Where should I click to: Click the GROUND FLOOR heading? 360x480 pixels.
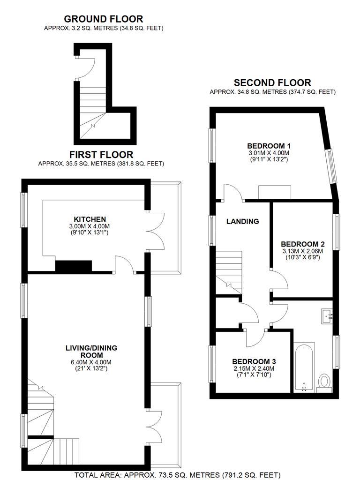104,19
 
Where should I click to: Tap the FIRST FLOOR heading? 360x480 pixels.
101,154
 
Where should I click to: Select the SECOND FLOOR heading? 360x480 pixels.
272,82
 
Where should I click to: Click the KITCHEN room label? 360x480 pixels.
90,219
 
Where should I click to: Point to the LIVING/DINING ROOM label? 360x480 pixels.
91,352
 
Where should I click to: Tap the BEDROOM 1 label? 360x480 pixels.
269,146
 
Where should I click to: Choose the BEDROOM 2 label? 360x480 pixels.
303,244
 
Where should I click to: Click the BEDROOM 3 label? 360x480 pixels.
254,361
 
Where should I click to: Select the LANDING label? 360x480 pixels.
242,221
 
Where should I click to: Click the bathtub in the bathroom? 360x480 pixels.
304,367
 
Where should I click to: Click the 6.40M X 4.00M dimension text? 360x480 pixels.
91,362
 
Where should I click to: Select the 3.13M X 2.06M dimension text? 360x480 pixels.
302,251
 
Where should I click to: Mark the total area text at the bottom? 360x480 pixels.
178,475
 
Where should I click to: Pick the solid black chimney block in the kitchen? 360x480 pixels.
74,266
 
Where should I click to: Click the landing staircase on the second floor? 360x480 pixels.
229,272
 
